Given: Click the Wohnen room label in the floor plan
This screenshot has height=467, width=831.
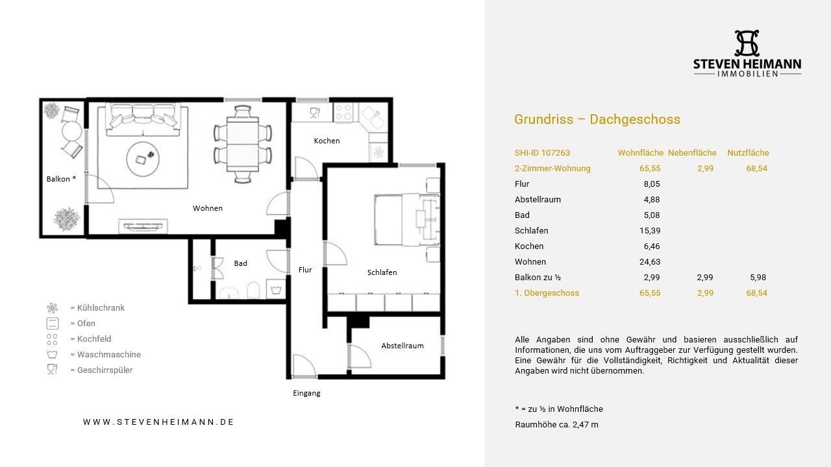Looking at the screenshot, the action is pos(207,208).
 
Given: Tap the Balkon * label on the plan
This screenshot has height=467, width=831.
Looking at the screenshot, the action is pos(61,179).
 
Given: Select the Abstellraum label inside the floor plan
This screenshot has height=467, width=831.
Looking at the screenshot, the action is pos(403,346).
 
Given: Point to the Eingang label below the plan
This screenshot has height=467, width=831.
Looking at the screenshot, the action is pos(306,393).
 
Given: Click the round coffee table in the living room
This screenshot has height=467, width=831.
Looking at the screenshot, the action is pos(143,159).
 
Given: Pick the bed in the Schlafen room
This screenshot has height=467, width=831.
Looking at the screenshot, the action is pos(407,219).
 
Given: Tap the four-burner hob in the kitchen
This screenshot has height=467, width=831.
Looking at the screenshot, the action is pos(343,112).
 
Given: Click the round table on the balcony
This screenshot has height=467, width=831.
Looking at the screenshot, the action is pos(71,130).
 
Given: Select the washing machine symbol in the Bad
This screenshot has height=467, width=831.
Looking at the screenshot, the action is pos(276,289).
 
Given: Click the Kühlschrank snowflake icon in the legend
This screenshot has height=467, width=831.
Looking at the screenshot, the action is pos(53,308).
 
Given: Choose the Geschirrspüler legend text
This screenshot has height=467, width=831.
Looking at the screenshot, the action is pos(105,370).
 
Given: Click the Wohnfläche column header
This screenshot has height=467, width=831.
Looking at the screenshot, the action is pos(640,152).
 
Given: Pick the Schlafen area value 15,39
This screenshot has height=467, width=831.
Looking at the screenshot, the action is pos(650,230).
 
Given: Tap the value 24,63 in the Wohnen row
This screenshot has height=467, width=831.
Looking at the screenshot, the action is pos(650,261).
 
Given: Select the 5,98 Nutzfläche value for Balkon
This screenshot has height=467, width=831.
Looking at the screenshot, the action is pos(758,277).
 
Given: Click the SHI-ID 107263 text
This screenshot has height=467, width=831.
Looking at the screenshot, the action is pos(542,152).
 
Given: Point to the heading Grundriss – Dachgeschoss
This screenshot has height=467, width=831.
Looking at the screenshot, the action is pos(597,119).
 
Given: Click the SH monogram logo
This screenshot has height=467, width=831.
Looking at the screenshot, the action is pos(747,43).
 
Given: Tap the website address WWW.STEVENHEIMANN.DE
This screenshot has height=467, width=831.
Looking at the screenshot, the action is pos(158,422).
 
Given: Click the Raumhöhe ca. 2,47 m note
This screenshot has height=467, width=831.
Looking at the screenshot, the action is pos(557,425).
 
